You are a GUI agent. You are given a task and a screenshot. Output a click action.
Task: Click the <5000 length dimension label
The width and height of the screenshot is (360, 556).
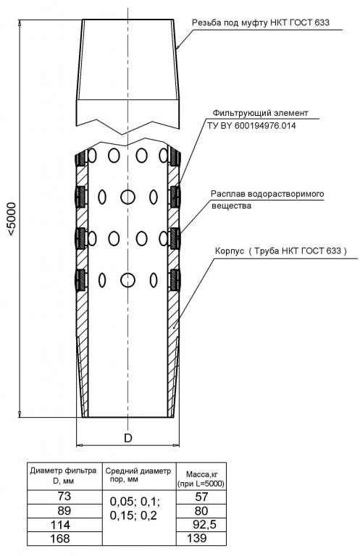[12, 219]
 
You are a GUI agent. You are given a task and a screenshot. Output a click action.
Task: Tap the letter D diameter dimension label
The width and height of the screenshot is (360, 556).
[128, 438]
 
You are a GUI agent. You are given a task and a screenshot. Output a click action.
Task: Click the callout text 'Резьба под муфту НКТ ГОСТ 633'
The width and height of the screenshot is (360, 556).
[261, 23]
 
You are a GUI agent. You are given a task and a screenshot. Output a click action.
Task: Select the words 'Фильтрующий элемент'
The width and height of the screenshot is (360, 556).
[260, 113]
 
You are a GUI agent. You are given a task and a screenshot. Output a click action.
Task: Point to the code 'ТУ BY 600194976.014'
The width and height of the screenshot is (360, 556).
[252, 125]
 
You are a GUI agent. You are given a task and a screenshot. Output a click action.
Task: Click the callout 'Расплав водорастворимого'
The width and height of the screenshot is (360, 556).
[267, 194]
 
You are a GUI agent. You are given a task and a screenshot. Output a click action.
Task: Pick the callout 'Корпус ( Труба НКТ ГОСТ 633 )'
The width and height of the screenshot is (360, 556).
[281, 251]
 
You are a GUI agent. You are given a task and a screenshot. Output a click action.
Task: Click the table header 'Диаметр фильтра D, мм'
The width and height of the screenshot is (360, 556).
[64, 476]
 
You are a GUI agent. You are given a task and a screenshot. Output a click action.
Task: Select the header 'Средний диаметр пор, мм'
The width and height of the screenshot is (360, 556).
[138, 475]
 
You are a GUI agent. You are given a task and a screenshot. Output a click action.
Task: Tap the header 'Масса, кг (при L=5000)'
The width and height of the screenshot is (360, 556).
[201, 479]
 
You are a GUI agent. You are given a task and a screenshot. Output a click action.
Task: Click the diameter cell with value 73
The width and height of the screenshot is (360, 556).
[64, 496]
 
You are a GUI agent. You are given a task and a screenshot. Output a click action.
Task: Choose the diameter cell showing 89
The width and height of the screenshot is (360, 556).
[64, 510]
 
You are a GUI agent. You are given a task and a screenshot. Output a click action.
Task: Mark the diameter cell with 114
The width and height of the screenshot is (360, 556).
[61, 525]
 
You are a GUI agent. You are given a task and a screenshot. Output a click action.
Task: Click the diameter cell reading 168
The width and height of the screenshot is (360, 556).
[61, 539]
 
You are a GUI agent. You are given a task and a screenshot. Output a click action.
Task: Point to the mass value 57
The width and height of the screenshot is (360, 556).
[201, 497]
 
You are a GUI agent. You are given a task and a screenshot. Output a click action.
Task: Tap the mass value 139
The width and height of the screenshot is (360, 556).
[196, 539]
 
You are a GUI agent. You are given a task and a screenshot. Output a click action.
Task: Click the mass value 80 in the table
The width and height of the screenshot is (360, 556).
[201, 511]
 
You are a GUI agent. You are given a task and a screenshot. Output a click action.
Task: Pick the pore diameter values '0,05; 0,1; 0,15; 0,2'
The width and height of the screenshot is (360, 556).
[135, 508]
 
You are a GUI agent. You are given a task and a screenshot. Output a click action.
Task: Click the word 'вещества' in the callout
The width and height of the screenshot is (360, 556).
[231, 206]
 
